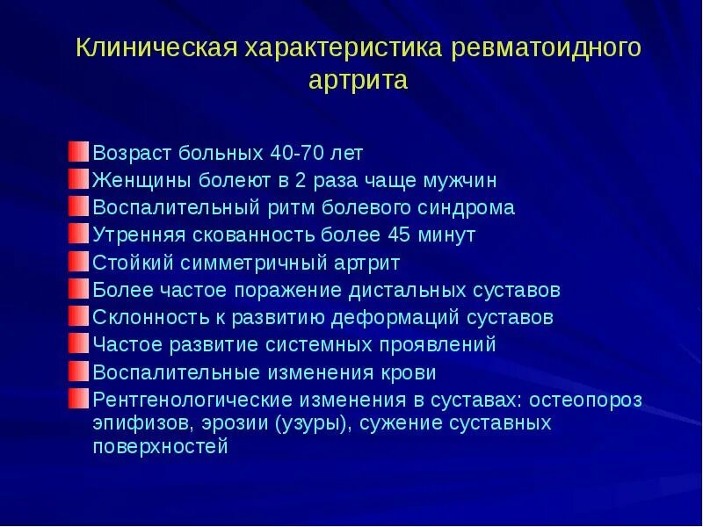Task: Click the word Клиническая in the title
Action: (156, 47)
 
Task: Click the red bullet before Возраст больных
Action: (79, 152)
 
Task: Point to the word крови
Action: (409, 372)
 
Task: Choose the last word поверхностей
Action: (161, 446)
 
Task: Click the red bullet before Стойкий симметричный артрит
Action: (79, 262)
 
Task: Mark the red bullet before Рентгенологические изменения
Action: (79, 399)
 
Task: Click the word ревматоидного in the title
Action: (546, 47)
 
